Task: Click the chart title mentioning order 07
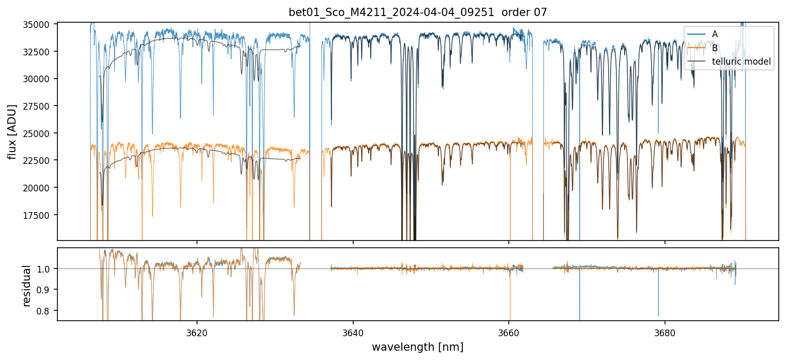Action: click(x=418, y=12)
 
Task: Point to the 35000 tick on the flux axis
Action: click(x=39, y=25)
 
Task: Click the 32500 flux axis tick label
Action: click(x=39, y=52)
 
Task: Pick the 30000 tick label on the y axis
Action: click(x=39, y=79)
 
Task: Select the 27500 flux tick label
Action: click(x=39, y=106)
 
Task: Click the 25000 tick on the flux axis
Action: click(x=39, y=133)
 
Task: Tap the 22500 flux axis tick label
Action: click(x=39, y=160)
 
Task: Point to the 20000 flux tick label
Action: click(x=39, y=188)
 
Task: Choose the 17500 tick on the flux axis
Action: click(x=39, y=215)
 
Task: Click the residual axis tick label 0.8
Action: click(x=46, y=311)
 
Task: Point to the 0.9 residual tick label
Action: click(x=46, y=290)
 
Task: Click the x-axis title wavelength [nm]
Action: click(x=417, y=347)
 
